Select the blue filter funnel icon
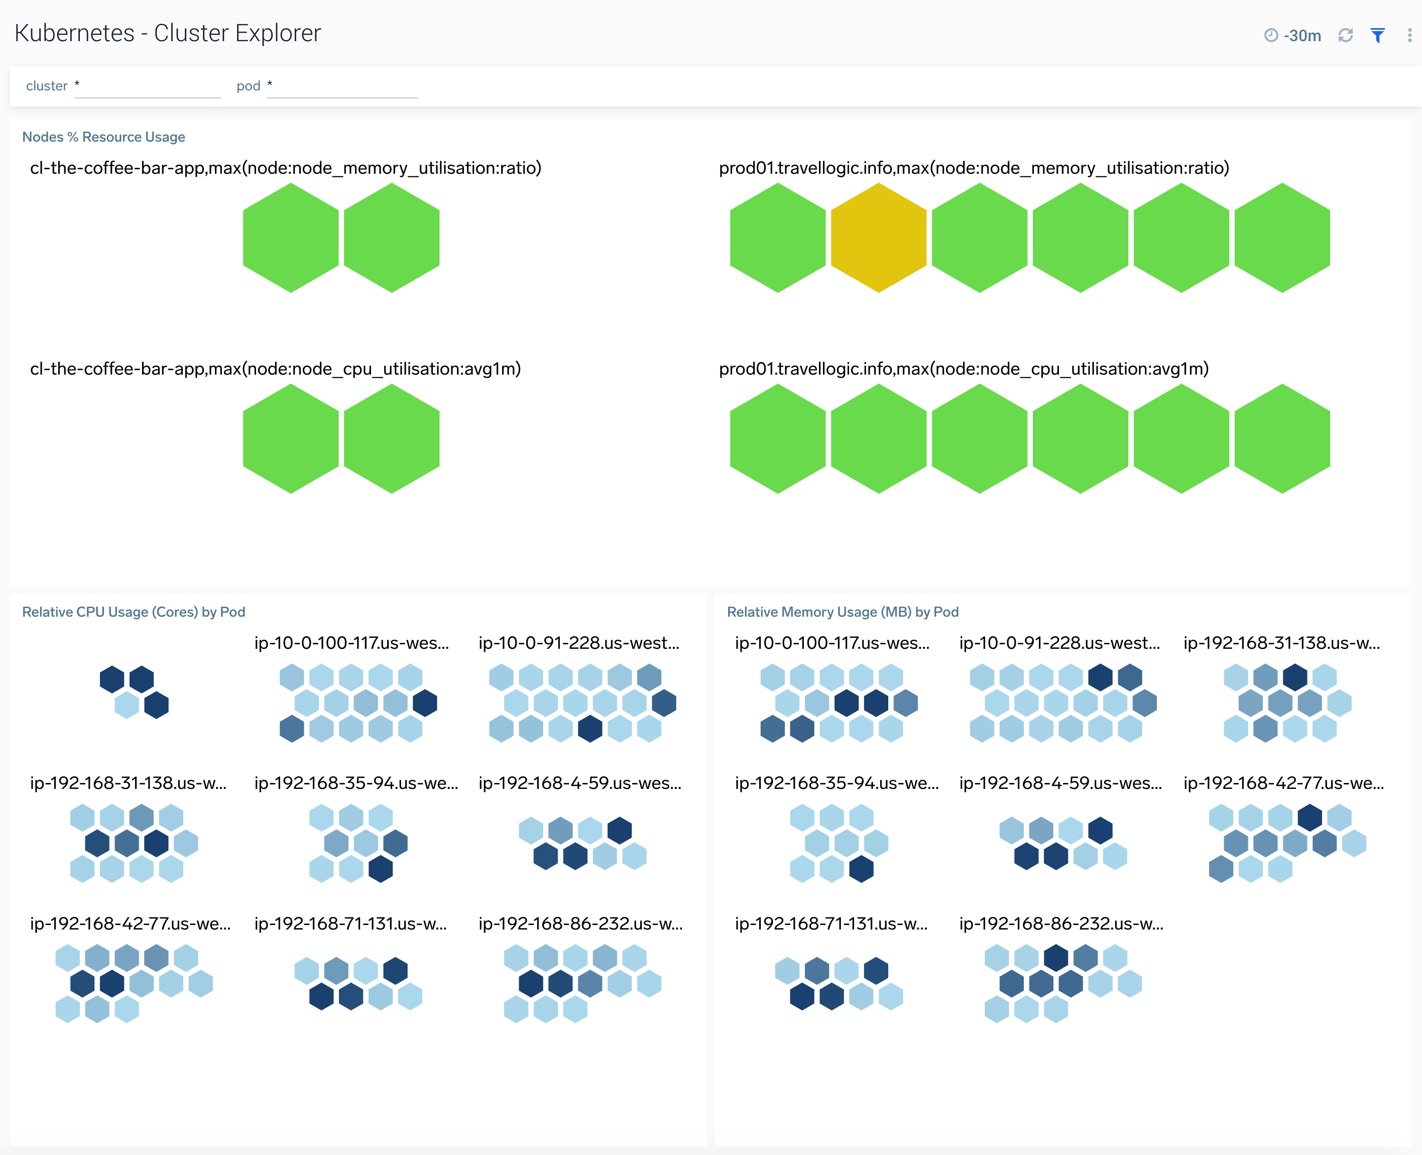coord(1377,35)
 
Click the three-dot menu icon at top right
coord(1409,35)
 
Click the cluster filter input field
coord(147,86)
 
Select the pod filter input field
coord(342,86)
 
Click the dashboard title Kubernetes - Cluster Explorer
coord(168,33)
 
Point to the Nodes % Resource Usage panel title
coord(104,137)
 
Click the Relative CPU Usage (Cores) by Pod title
coord(134,612)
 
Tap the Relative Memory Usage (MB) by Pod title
coord(842,612)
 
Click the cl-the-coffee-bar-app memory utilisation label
coord(285,168)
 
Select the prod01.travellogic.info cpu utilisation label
coord(963,369)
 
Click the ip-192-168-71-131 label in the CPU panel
coord(350,924)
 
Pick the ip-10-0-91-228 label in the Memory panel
coord(1059,643)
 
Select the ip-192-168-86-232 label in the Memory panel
coord(1061,924)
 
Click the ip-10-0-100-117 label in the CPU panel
coord(351,643)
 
